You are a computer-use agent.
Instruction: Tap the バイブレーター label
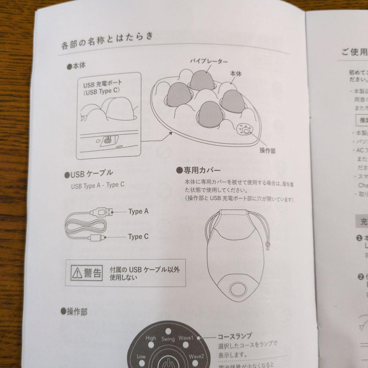tap(209, 61)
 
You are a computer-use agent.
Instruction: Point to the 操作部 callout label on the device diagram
tap(267, 151)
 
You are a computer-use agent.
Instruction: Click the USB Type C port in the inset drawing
tap(108, 140)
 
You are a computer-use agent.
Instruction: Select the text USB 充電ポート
tap(103, 83)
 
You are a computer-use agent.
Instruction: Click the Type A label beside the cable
tap(138, 211)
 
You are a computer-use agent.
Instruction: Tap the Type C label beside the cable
tap(138, 236)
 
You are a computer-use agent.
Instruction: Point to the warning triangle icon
tap(77, 273)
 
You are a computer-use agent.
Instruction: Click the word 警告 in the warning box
tap(92, 273)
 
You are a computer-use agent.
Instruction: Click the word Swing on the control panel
tap(168, 339)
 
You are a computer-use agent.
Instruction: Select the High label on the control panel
tap(151, 338)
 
